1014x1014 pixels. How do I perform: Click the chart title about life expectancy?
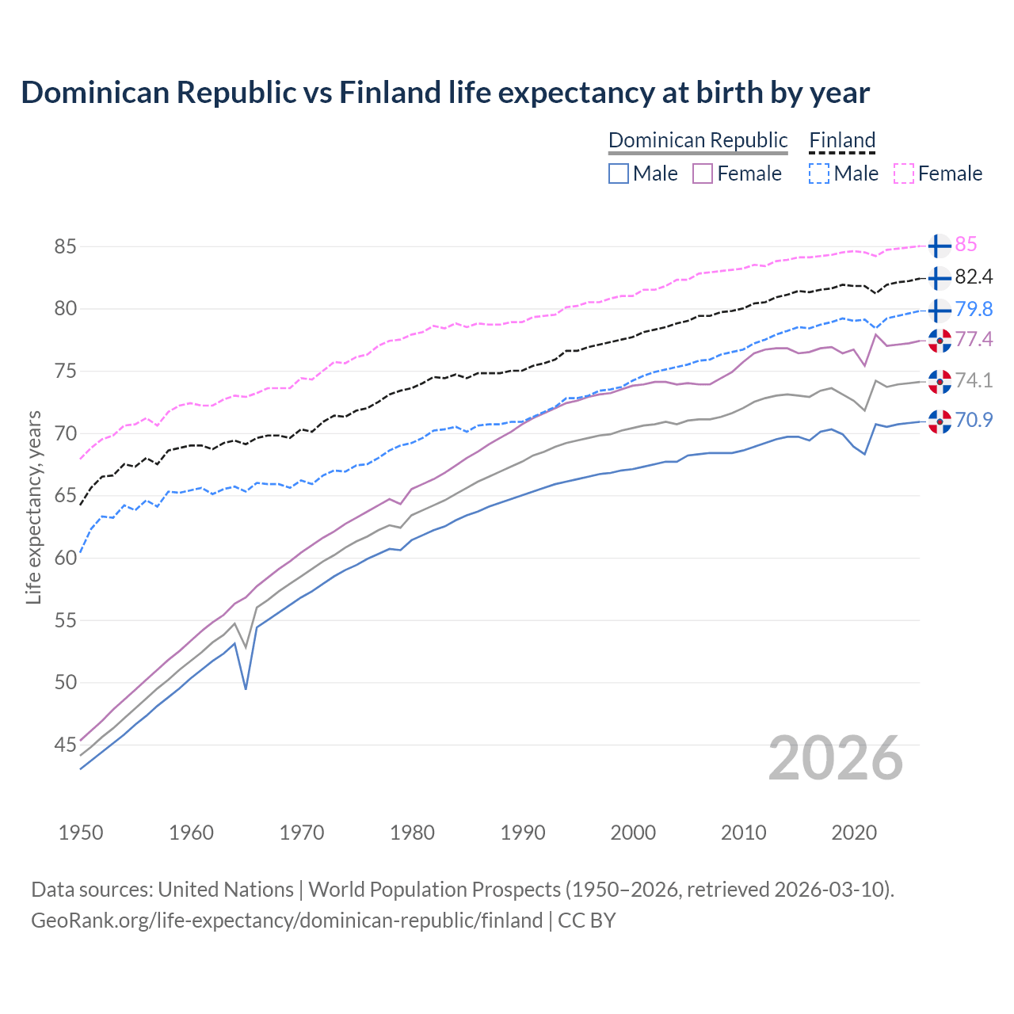click(x=445, y=93)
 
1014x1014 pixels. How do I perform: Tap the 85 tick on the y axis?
click(x=65, y=246)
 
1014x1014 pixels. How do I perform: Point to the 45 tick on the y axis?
click(x=65, y=745)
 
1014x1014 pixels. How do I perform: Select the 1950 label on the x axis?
click(x=81, y=833)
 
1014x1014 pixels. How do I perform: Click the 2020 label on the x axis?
click(x=854, y=833)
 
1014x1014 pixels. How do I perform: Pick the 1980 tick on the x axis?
click(x=412, y=833)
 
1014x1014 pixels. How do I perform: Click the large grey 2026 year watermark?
click(x=835, y=758)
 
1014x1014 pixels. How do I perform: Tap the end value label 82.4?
click(x=974, y=277)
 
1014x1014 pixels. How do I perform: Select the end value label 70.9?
click(x=974, y=420)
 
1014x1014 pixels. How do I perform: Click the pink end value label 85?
click(x=966, y=245)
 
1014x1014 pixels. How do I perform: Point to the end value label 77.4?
click(x=974, y=340)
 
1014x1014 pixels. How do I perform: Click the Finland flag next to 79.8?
click(x=940, y=309)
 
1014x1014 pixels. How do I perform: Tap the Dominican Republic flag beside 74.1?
click(x=940, y=381)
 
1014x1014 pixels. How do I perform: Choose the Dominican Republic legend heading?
click(x=698, y=141)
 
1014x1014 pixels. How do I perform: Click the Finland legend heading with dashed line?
click(x=842, y=141)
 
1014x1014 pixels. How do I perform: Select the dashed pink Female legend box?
click(x=904, y=173)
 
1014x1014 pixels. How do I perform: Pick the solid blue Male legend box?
click(x=619, y=173)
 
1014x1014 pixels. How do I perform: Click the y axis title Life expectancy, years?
click(x=33, y=507)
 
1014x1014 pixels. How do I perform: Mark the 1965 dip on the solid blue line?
click(x=246, y=688)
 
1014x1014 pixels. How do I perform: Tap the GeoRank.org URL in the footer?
click(x=287, y=921)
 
